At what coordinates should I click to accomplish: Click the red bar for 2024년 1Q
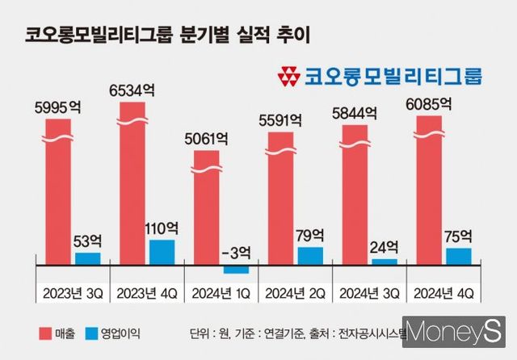tap(207, 210)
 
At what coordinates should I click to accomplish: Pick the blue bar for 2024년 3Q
tap(385, 261)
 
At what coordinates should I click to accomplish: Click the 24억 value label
tap(385, 246)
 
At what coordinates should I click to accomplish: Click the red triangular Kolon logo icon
tap(288, 77)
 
